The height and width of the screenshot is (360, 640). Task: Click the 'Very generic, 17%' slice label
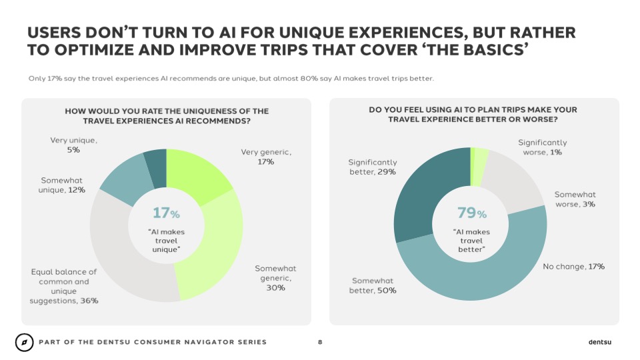tap(266, 157)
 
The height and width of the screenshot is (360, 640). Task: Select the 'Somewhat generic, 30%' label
tap(275, 278)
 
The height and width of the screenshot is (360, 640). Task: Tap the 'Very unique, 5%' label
tap(73, 145)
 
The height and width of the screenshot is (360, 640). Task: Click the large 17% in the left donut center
tap(166, 213)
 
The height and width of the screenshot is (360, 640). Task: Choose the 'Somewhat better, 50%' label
tap(373, 285)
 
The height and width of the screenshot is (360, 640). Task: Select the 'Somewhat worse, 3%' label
tap(575, 199)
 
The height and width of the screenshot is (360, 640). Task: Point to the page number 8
tap(320, 343)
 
